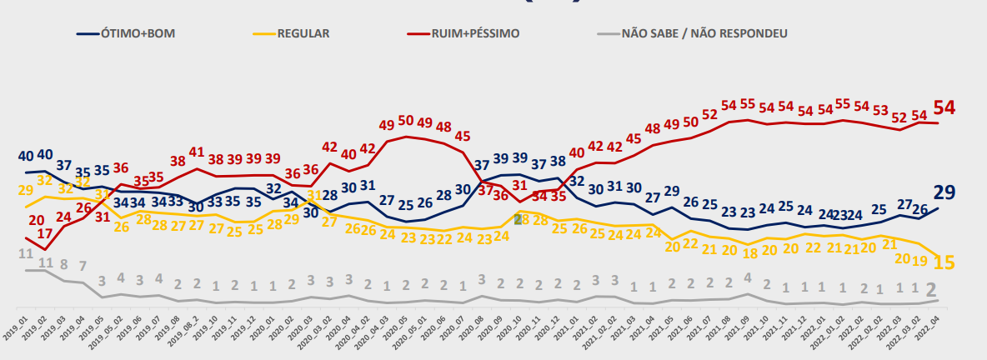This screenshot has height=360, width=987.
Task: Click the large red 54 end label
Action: coord(944,107)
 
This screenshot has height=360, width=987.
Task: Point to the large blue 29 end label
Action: coord(944,192)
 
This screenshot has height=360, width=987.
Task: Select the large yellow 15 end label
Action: coord(944,262)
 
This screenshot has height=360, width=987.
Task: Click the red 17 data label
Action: coord(45,234)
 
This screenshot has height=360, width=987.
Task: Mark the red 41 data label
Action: coord(196,152)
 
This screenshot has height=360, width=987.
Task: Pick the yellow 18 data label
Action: coord(749,252)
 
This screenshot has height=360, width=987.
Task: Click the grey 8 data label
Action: coord(63,265)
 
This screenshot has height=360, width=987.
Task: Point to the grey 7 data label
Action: coord(83,266)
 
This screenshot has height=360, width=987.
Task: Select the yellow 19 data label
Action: coord(920,260)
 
